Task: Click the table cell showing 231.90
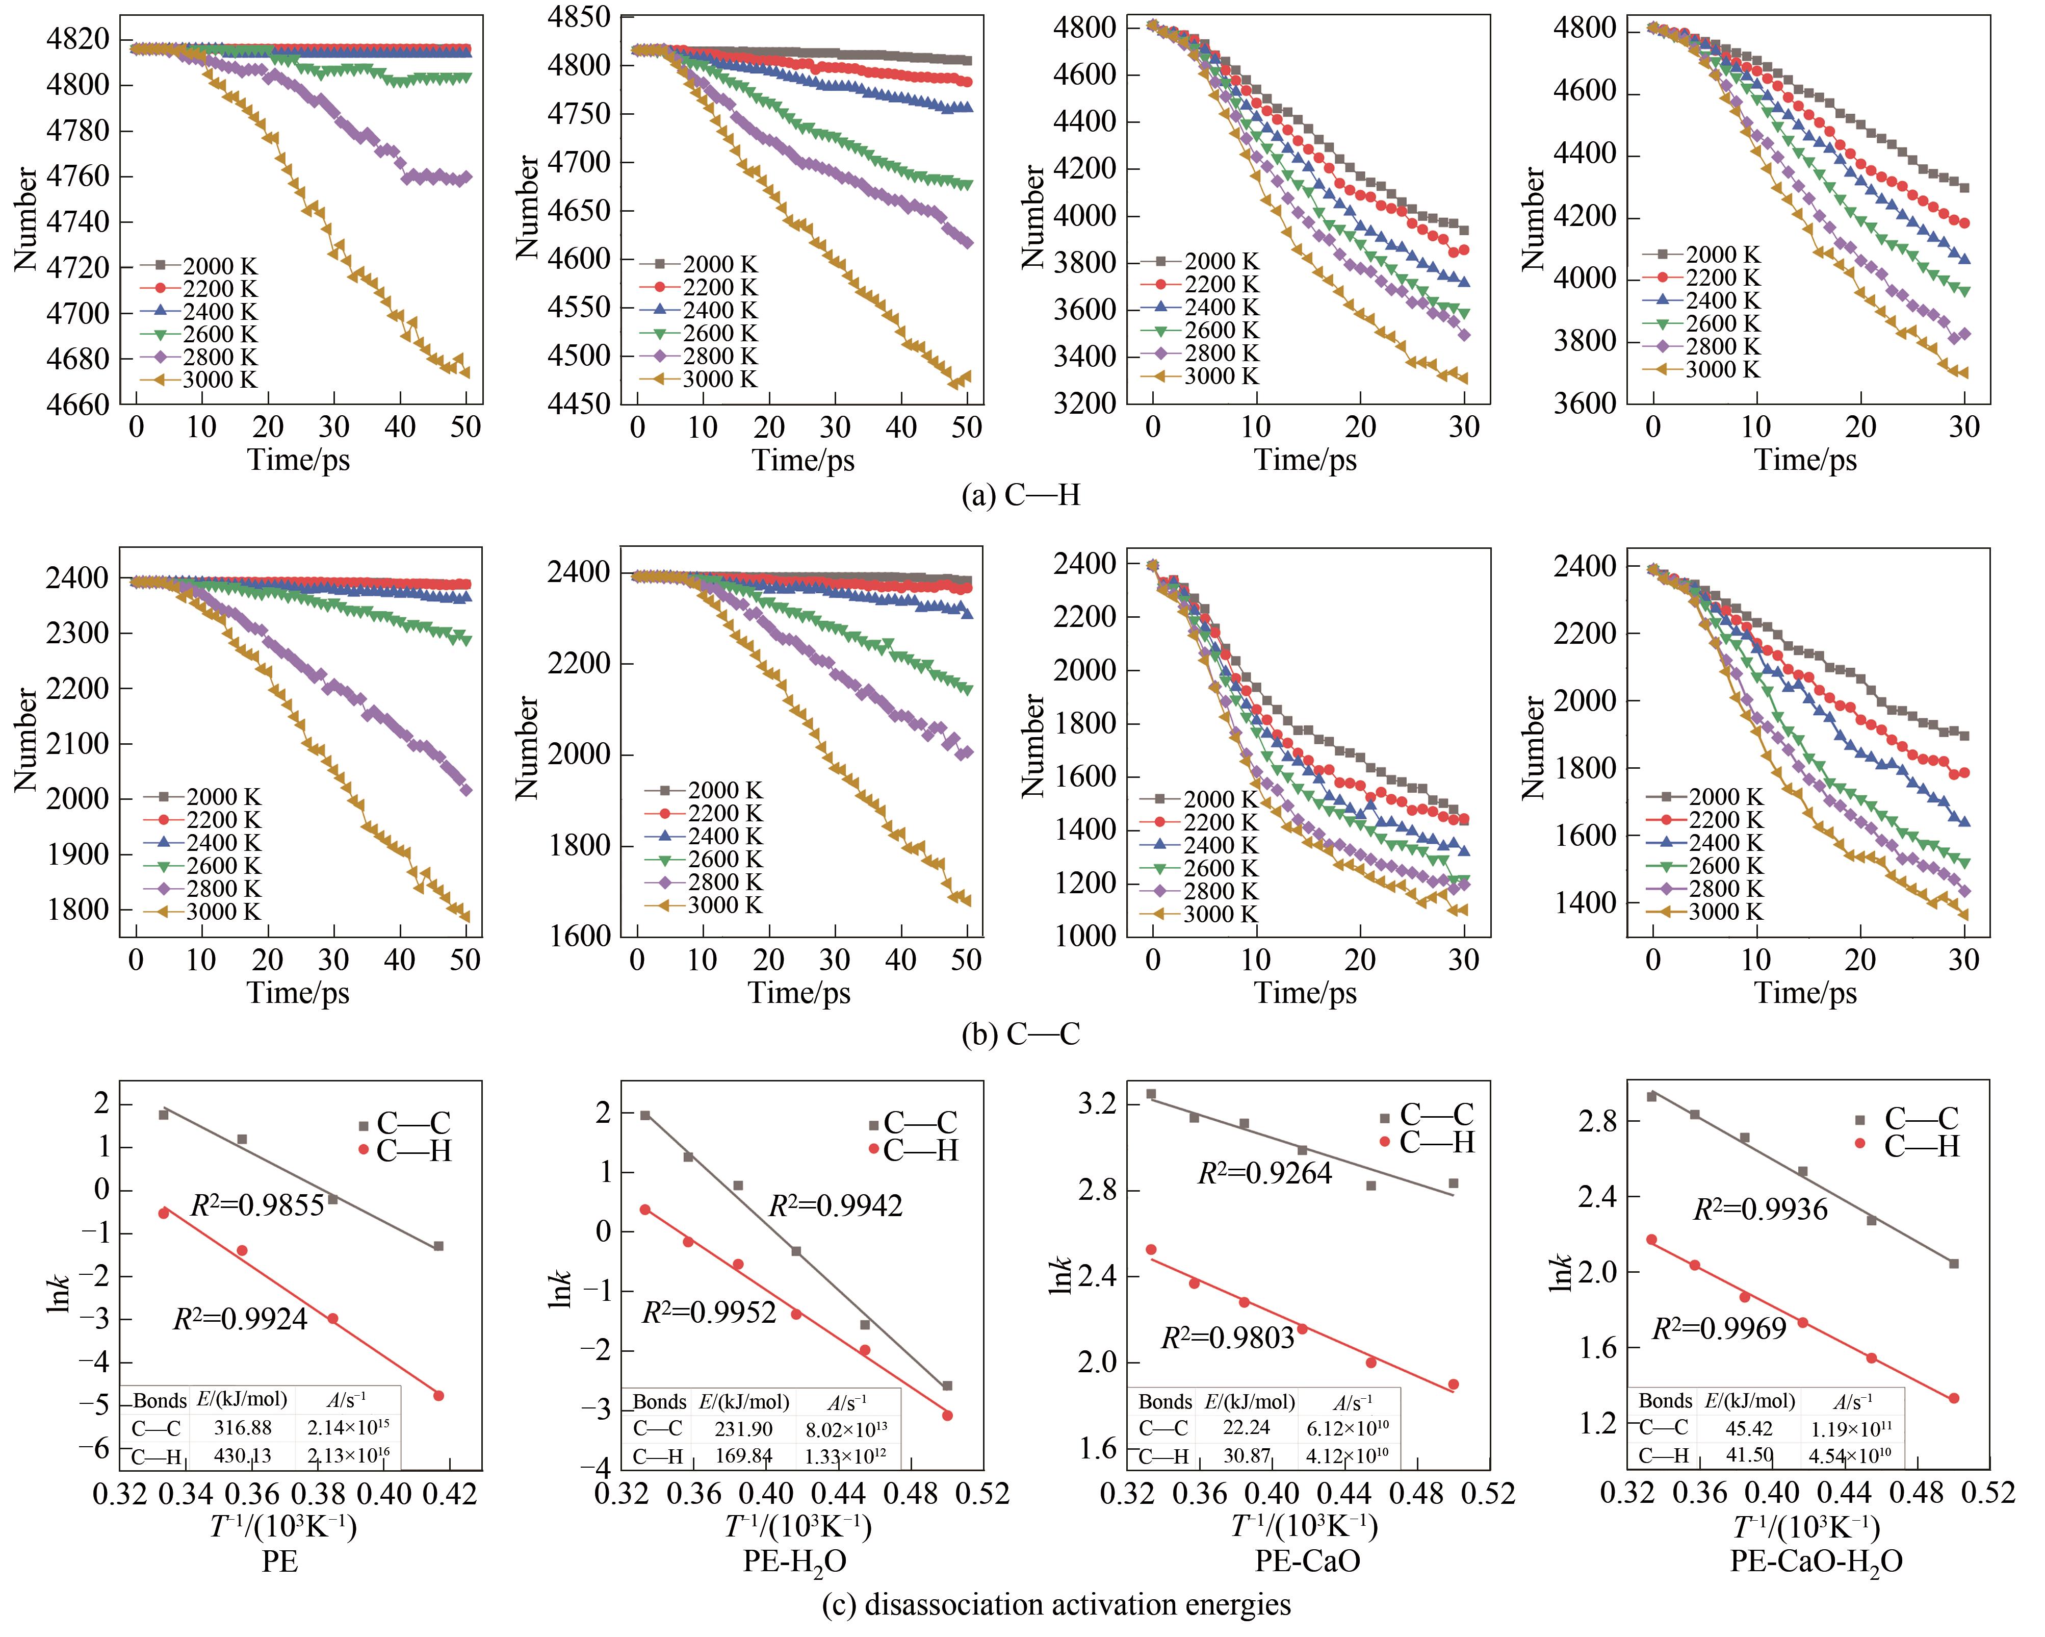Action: [744, 1428]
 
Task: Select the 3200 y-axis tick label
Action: [1084, 404]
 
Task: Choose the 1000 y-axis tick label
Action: [1084, 937]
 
